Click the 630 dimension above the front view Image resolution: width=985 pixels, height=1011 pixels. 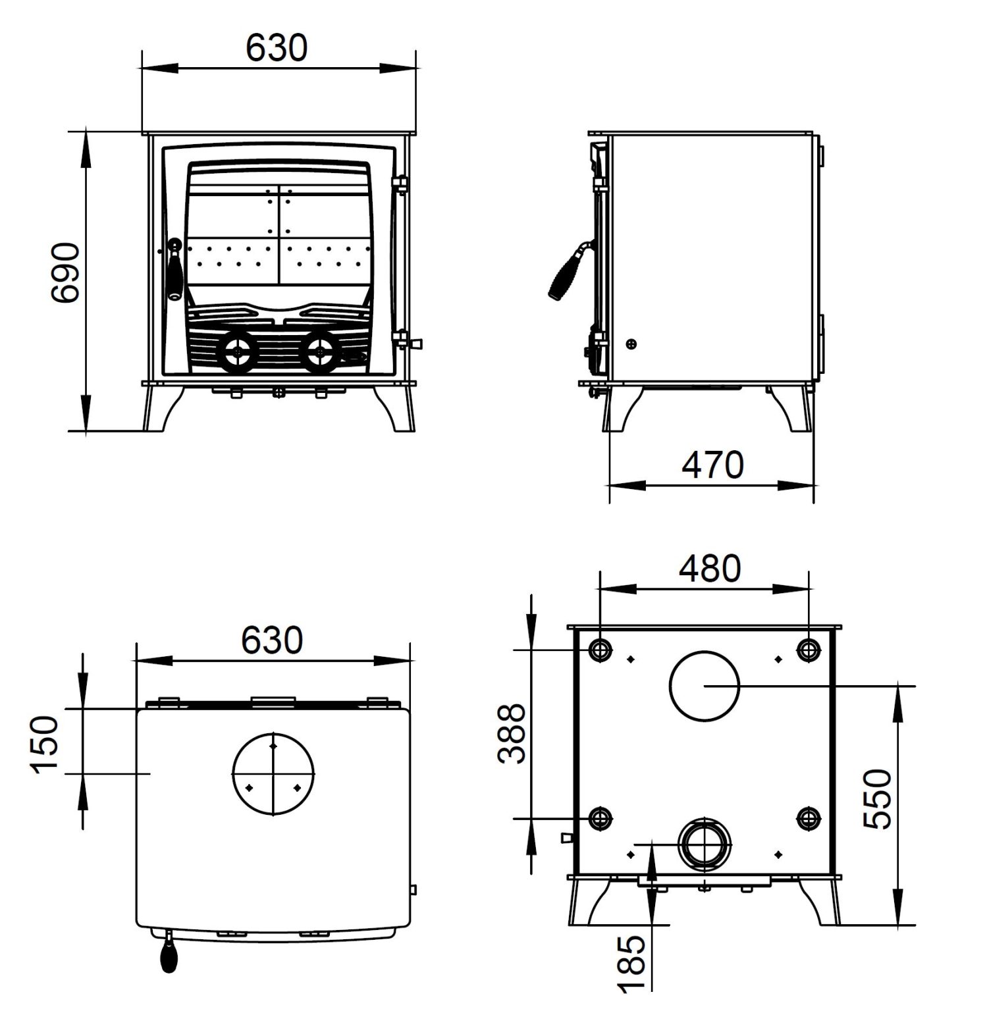pyautogui.click(x=277, y=47)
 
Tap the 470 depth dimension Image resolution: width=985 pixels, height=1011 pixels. pyautogui.click(x=712, y=465)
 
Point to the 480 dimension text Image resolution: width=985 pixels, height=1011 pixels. pyautogui.click(x=710, y=569)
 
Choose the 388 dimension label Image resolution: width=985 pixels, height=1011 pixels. pyautogui.click(x=512, y=734)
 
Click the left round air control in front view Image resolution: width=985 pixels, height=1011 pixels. pyautogui.click(x=235, y=353)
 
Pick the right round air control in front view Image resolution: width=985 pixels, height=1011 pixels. pyautogui.click(x=320, y=353)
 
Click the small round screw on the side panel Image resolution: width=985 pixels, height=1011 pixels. pyautogui.click(x=632, y=344)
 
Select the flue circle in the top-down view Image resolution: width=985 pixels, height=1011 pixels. pyautogui.click(x=273, y=773)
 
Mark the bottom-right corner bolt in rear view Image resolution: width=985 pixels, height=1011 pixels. pyautogui.click(x=809, y=818)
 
